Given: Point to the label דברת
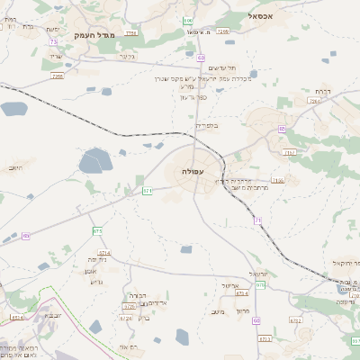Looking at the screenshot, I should (322, 91).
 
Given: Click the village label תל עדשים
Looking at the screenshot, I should (222, 68).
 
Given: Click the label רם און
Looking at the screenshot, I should (128, 346).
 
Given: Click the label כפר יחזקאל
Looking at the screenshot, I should (341, 262).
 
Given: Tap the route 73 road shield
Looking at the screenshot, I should (54, 41).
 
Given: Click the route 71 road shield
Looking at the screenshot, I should (257, 220).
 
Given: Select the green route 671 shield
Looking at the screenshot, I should (148, 191).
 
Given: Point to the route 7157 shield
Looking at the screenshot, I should (289, 153).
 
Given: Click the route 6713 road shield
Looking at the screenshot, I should (265, 338).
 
